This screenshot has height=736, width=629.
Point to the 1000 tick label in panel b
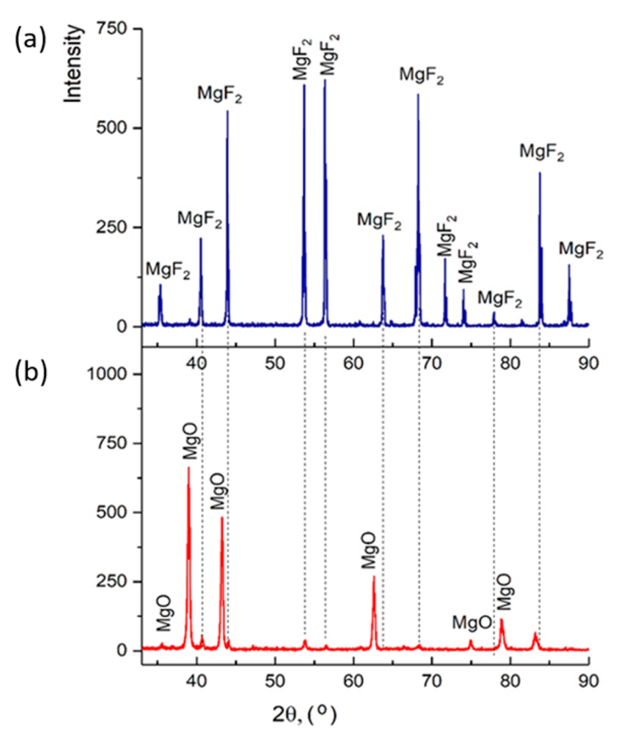(x=107, y=374)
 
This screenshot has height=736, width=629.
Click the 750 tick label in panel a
(x=114, y=29)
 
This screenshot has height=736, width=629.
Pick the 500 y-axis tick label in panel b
(x=114, y=512)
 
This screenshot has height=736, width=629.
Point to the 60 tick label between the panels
(x=354, y=363)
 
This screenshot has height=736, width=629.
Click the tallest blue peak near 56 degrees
(x=325, y=81)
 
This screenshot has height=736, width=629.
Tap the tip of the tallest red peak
(x=189, y=468)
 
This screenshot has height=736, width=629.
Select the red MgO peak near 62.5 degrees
(x=374, y=577)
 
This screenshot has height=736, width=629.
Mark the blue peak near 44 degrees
(x=227, y=112)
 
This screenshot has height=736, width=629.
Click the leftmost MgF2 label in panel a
(x=168, y=271)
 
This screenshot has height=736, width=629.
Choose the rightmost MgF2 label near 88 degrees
(x=581, y=250)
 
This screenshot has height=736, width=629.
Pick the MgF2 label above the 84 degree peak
(x=542, y=153)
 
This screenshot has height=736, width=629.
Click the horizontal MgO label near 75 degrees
(x=472, y=623)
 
